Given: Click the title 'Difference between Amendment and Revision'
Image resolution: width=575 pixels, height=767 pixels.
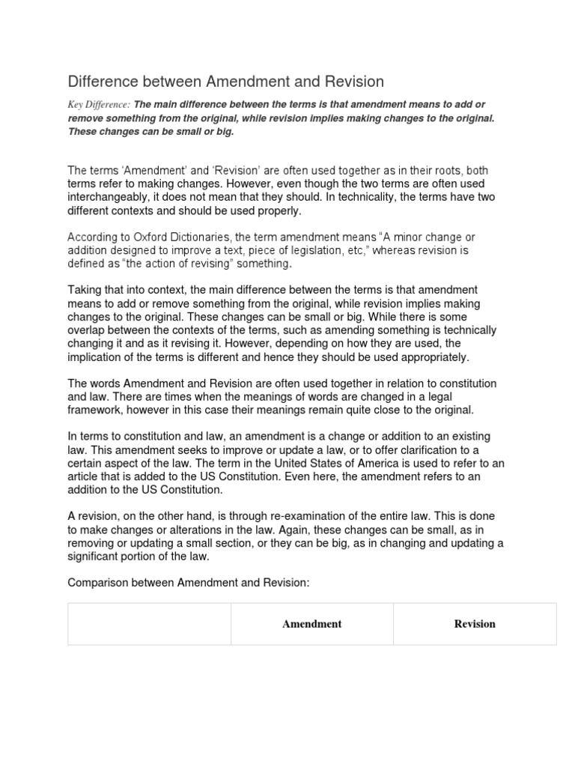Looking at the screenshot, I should [225, 81].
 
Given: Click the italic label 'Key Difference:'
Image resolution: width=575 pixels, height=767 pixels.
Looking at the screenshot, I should [99, 105].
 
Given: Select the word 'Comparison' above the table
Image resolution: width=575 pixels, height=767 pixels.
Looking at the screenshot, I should [98, 583].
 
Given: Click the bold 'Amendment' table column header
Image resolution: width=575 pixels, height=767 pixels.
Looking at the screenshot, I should [311, 624].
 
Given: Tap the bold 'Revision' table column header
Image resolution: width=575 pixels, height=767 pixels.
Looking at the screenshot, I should [475, 624].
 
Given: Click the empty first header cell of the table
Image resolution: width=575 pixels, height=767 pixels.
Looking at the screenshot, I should [149, 624].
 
